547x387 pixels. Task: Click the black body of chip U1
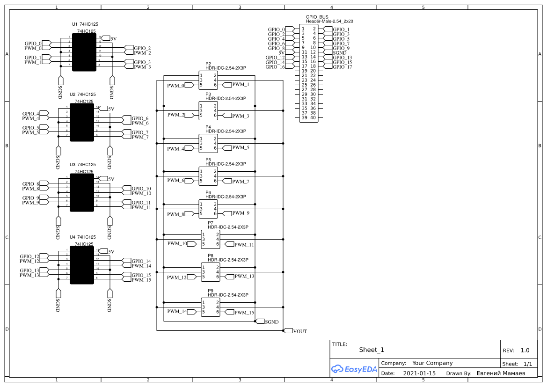[84, 52]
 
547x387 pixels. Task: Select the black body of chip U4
[82, 265]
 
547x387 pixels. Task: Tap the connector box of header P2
[208, 80]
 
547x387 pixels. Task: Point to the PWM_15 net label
[244, 313]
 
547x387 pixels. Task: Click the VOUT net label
[300, 331]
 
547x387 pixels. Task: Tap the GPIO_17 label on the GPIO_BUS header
[342, 67]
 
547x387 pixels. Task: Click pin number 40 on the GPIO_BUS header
[313, 117]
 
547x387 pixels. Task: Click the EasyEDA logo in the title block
[354, 369]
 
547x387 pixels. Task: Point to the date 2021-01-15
[419, 373]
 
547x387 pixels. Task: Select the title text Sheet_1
[371, 350]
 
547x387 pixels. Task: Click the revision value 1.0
[525, 350]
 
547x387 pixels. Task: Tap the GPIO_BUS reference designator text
[317, 17]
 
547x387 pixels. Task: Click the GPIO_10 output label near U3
[141, 189]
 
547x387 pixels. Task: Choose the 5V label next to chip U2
[111, 109]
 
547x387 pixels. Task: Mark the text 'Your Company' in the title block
[432, 363]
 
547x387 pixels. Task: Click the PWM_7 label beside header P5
[241, 182]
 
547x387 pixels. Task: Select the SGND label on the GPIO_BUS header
[339, 53]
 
